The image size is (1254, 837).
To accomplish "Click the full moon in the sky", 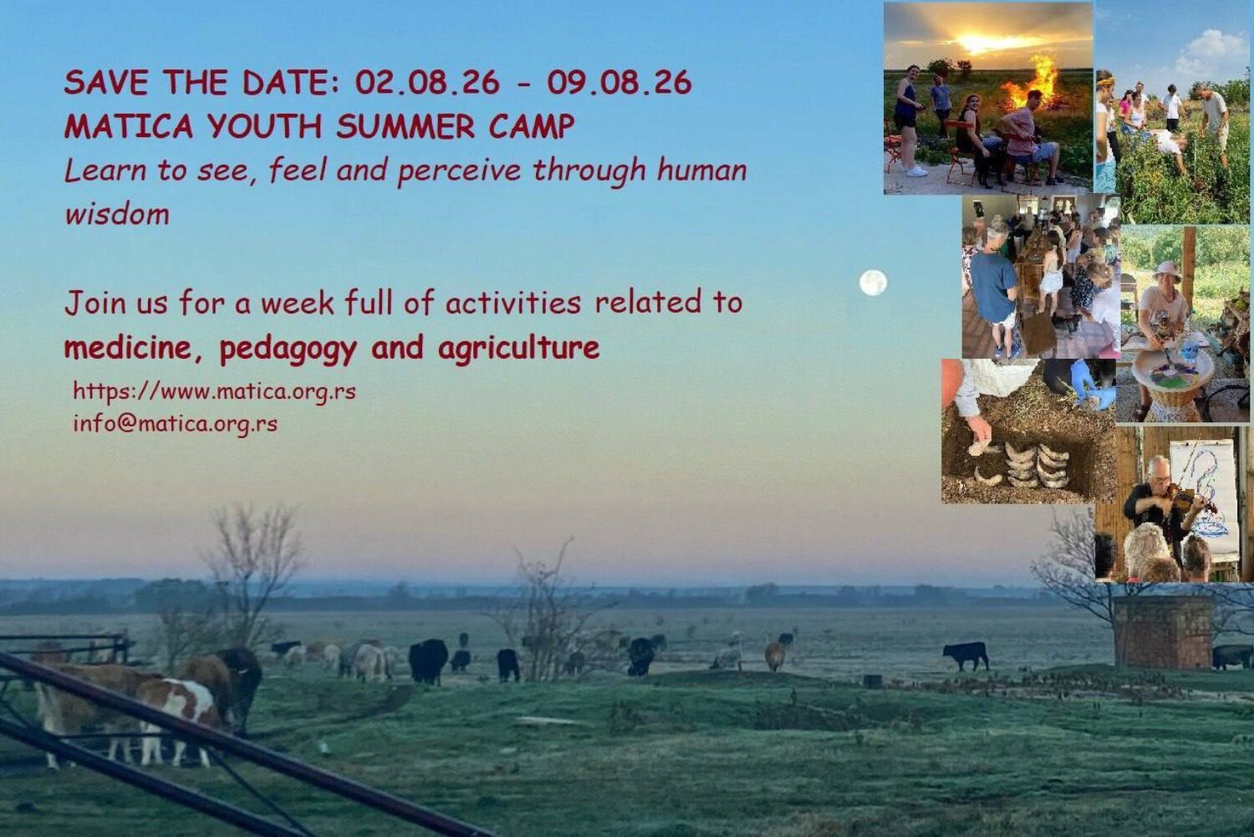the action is click(874, 283).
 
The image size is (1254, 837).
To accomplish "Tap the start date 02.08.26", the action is click(427, 82).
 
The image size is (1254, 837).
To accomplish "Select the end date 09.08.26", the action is click(619, 82).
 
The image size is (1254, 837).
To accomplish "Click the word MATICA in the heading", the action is click(129, 126).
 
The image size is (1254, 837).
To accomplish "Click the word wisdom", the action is click(117, 214).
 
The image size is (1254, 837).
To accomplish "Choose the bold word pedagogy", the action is click(288, 349).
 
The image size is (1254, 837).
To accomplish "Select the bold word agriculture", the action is click(519, 349).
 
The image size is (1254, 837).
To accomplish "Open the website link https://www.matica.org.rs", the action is click(214, 391).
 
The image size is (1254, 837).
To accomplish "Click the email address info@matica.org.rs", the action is click(176, 424).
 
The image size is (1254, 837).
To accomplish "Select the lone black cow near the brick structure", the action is click(966, 656).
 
